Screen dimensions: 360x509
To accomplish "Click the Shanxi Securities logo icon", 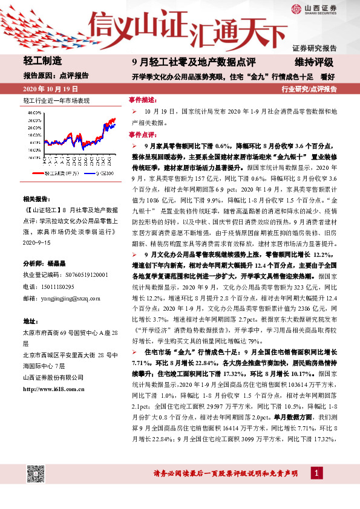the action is [x=296, y=8].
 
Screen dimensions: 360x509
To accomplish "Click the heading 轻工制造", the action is [x=42, y=60].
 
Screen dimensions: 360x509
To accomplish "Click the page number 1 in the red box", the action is [x=316, y=472].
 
